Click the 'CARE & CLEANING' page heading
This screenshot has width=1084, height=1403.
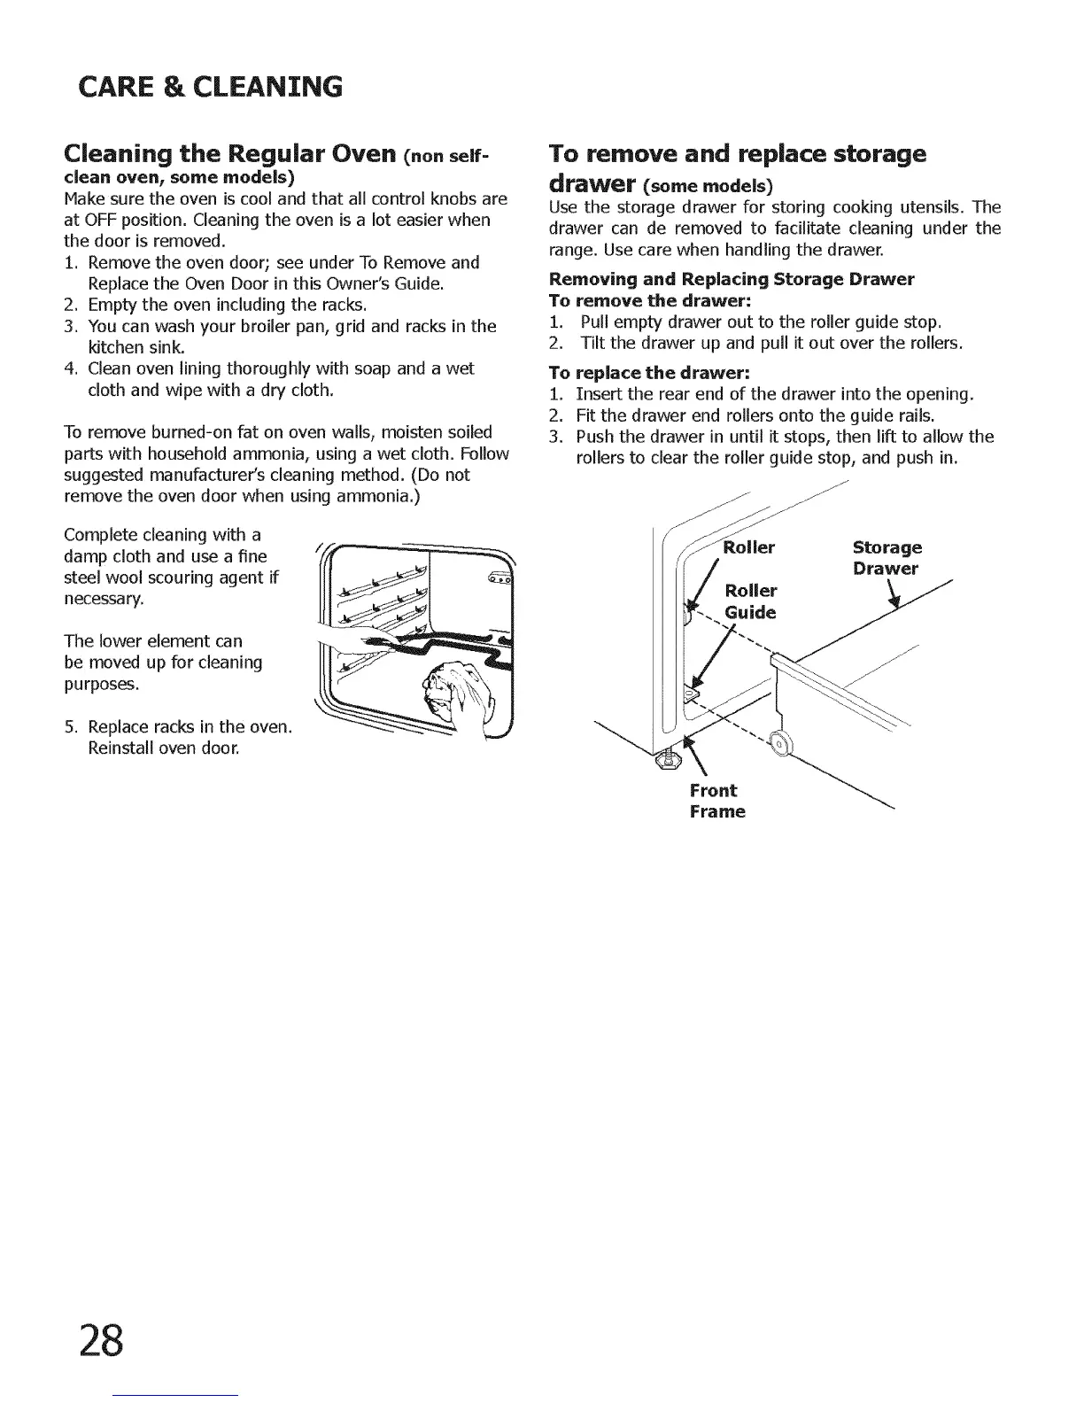[x=210, y=87]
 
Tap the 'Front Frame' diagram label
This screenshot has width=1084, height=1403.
[x=716, y=801]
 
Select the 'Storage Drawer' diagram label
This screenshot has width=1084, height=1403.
[x=886, y=558]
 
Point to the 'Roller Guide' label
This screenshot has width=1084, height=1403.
[x=750, y=601]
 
